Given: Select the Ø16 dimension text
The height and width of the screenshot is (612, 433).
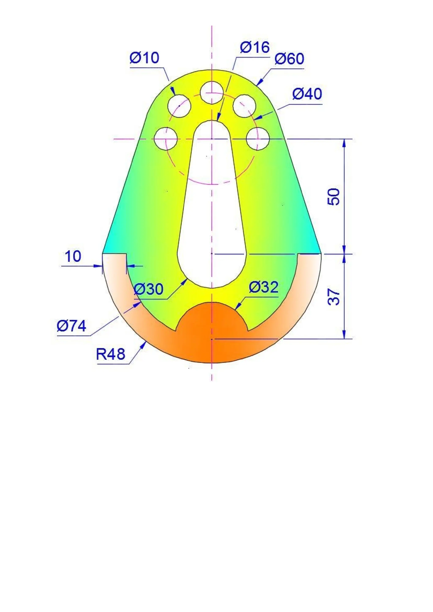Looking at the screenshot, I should [255, 47].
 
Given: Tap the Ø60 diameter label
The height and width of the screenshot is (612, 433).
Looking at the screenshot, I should [289, 59].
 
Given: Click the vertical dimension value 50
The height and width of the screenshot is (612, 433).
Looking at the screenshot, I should [334, 197].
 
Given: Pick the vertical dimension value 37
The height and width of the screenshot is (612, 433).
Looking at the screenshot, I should [334, 297].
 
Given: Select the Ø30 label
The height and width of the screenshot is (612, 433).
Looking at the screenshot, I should [148, 289].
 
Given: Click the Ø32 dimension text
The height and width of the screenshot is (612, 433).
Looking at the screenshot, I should [263, 287].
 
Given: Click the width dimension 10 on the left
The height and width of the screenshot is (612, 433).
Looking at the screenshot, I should [73, 256].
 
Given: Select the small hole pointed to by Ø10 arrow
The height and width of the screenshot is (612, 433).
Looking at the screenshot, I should [179, 106].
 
